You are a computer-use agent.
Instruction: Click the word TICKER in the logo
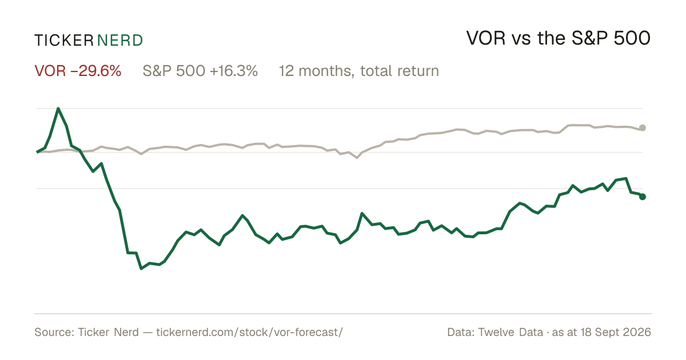click(64, 41)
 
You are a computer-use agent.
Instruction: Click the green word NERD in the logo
click(120, 41)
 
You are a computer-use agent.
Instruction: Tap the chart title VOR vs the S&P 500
click(559, 38)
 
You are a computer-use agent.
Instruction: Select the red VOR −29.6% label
click(78, 71)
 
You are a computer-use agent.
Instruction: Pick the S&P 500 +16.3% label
click(200, 71)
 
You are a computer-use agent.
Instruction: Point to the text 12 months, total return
click(359, 71)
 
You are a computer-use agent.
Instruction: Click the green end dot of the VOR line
click(643, 197)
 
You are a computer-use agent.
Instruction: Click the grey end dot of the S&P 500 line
click(643, 128)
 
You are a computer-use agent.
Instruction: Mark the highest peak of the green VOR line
click(58, 109)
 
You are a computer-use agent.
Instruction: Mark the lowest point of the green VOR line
click(141, 269)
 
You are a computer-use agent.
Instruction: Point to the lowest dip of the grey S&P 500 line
click(357, 158)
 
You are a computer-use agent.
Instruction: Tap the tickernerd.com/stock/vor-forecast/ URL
click(250, 332)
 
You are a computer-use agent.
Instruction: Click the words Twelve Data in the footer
click(510, 332)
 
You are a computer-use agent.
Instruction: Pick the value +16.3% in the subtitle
click(234, 71)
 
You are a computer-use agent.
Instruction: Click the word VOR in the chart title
click(486, 38)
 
